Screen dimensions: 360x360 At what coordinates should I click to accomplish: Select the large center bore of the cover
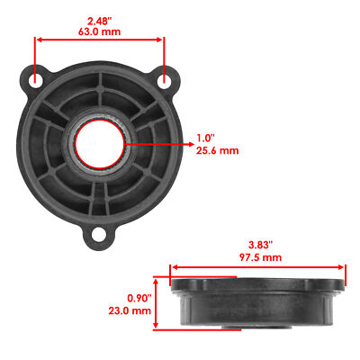[99, 141]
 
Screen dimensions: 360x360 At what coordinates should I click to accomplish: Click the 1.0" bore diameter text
[205, 139]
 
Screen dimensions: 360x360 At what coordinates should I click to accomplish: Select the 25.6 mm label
[217, 152]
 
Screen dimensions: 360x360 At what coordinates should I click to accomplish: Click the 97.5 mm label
[257, 257]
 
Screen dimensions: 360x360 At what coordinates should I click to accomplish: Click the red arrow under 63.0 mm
[99, 40]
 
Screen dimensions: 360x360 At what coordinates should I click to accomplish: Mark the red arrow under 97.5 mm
[258, 267]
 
